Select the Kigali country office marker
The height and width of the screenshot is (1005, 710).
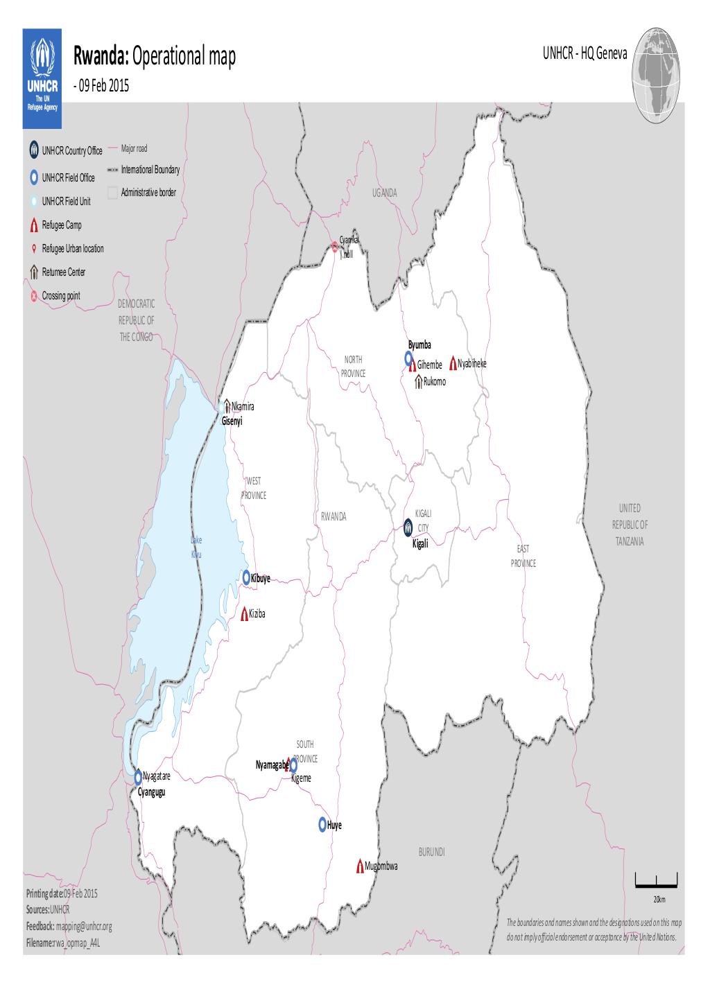coord(408,528)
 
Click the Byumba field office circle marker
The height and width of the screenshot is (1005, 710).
coord(410,358)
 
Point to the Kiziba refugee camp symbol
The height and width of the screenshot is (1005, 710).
coord(244,614)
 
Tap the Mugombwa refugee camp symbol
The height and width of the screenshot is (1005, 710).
coord(360,866)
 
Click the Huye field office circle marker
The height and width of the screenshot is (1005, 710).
coord(322,825)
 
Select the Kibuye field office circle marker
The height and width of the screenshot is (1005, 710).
coord(247,577)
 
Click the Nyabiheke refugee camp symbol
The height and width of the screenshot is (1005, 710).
coord(452,362)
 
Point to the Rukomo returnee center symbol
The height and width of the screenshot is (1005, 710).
coord(418,382)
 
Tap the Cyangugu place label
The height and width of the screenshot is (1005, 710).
coord(151,792)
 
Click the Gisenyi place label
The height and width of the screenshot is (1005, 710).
coord(232,421)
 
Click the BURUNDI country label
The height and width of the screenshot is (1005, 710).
coord(431,851)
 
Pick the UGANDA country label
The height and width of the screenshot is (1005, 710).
coord(384,193)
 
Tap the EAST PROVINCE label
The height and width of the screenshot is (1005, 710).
coord(523,556)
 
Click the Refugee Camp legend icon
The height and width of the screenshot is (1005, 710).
coord(34,225)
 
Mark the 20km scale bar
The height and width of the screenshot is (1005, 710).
coord(656,882)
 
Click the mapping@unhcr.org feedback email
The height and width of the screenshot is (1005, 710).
coord(84,926)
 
